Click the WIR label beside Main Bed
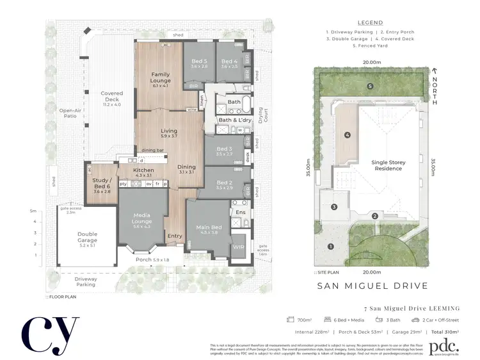tap(237, 247)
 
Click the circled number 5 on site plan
tap(370, 86)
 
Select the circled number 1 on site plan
tap(331, 247)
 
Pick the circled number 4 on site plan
tap(347, 135)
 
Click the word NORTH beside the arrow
tap(435, 85)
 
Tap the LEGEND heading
tap(370, 22)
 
